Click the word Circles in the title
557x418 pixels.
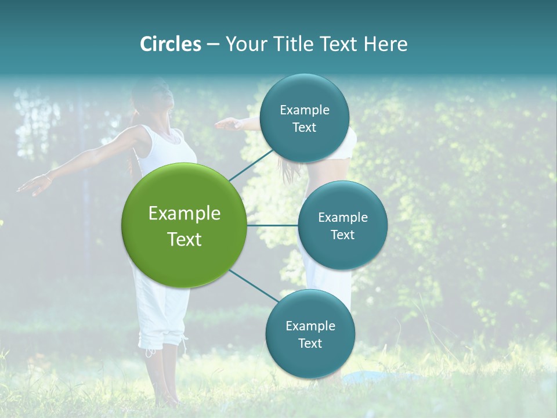(170, 44)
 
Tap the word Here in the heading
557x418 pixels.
(385, 44)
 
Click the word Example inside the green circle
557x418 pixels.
(184, 214)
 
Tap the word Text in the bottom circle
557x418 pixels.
(310, 343)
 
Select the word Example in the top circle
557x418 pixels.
(304, 110)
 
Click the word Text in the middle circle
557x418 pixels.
(342, 235)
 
